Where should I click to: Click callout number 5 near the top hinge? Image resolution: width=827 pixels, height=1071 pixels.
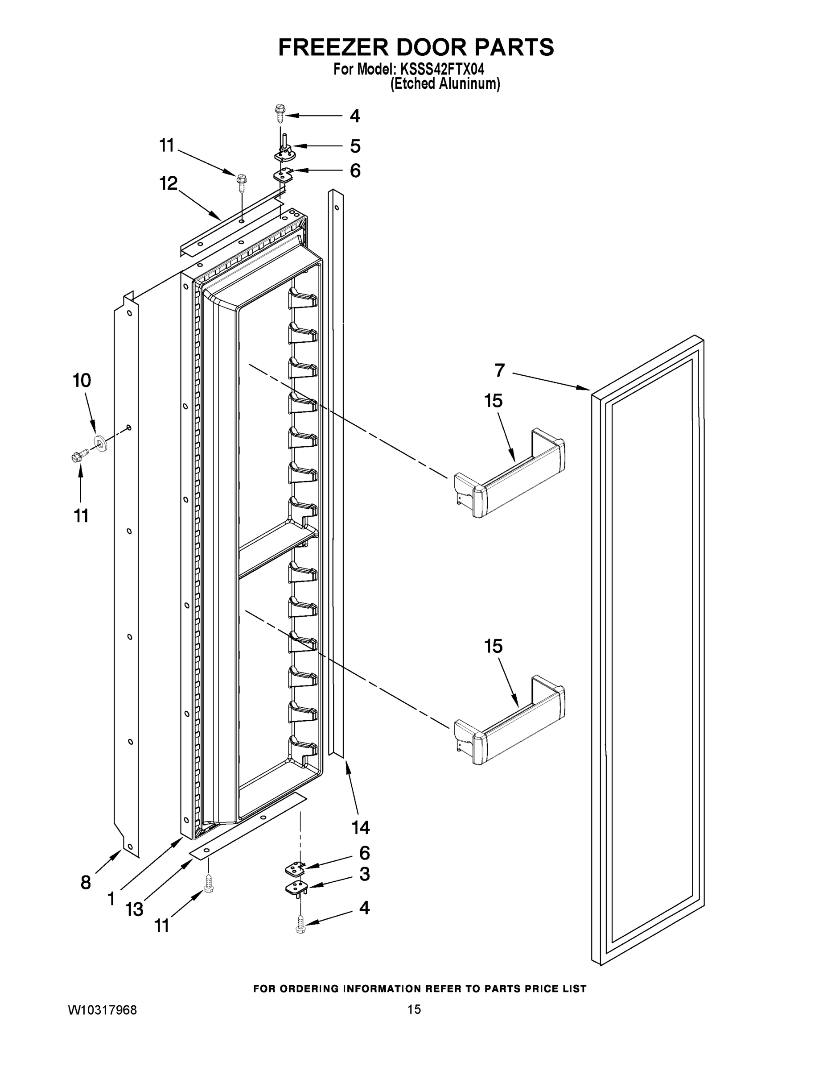coord(355,146)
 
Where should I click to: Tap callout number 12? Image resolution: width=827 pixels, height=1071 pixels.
coord(168,183)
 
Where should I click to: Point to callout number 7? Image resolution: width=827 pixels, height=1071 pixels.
coord(499,370)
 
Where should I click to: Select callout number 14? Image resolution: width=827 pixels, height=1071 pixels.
coord(361,827)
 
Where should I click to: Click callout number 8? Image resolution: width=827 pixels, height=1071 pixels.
coord(86,883)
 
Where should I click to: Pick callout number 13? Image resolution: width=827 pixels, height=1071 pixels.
coord(134,909)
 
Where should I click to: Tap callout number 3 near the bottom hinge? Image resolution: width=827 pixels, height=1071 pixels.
coord(365,873)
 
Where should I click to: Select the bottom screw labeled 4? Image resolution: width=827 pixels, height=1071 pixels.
coord(301,926)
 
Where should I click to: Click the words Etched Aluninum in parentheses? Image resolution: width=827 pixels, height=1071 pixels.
coord(445,84)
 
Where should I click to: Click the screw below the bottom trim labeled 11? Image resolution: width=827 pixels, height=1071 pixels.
coord(209,883)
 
